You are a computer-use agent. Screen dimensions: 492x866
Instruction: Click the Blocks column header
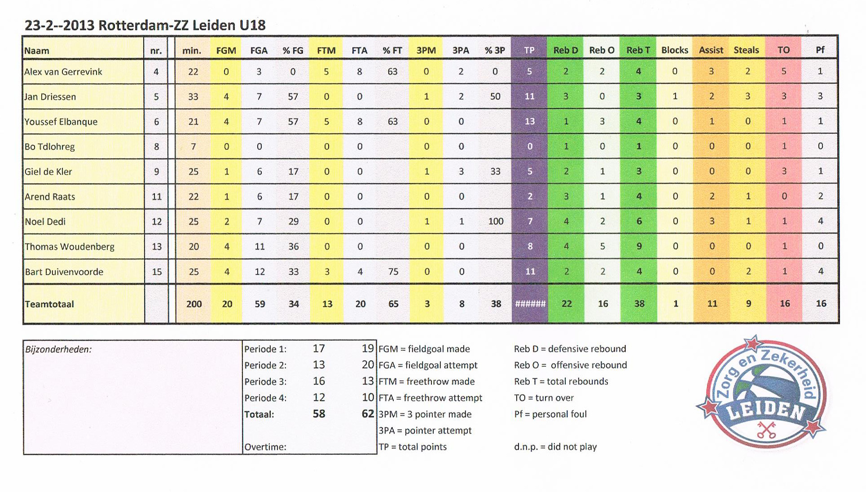674,50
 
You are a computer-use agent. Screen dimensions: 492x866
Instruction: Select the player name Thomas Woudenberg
70,246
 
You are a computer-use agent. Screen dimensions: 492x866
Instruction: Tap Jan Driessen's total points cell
529,97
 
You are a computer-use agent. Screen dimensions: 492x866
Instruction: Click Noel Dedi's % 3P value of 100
495,221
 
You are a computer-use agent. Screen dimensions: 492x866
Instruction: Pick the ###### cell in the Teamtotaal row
530,304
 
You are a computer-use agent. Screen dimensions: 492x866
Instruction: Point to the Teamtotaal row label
49,304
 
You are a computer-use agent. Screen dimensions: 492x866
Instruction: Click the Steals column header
746,50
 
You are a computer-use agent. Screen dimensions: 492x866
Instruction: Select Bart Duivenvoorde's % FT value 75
393,272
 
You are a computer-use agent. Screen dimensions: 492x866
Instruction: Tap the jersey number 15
156,272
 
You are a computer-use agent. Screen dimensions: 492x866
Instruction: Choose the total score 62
367,414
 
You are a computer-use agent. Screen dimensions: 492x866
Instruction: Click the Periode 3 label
265,382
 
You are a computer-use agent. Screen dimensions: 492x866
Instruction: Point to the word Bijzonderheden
58,349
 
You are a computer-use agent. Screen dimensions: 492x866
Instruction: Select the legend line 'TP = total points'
413,447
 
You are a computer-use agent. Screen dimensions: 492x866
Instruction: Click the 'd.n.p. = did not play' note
555,447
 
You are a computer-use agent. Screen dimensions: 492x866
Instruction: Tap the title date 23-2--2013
59,25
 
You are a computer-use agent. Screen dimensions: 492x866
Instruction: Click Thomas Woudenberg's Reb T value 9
639,246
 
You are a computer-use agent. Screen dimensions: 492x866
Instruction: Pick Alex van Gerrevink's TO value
783,71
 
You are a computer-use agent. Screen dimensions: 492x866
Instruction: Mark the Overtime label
265,447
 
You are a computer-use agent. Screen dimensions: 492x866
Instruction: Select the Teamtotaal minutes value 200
194,304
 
